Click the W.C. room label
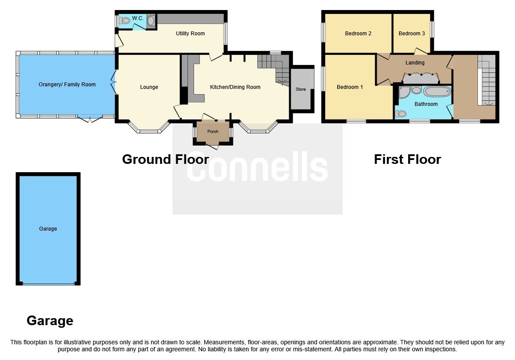(x=138, y=18)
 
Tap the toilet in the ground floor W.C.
(x=126, y=20)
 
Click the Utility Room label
(x=190, y=34)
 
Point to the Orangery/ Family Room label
(x=67, y=85)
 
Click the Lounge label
(x=149, y=87)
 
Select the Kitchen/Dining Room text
(x=235, y=87)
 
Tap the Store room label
(x=301, y=89)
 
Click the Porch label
(x=213, y=132)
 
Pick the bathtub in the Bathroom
(x=437, y=92)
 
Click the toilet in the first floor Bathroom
(x=400, y=114)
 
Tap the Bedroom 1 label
(x=350, y=87)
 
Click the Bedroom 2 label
(x=358, y=34)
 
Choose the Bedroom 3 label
(x=412, y=34)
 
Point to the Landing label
(x=415, y=63)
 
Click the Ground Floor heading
(x=165, y=160)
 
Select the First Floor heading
(x=407, y=160)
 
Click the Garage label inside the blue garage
(x=48, y=229)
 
